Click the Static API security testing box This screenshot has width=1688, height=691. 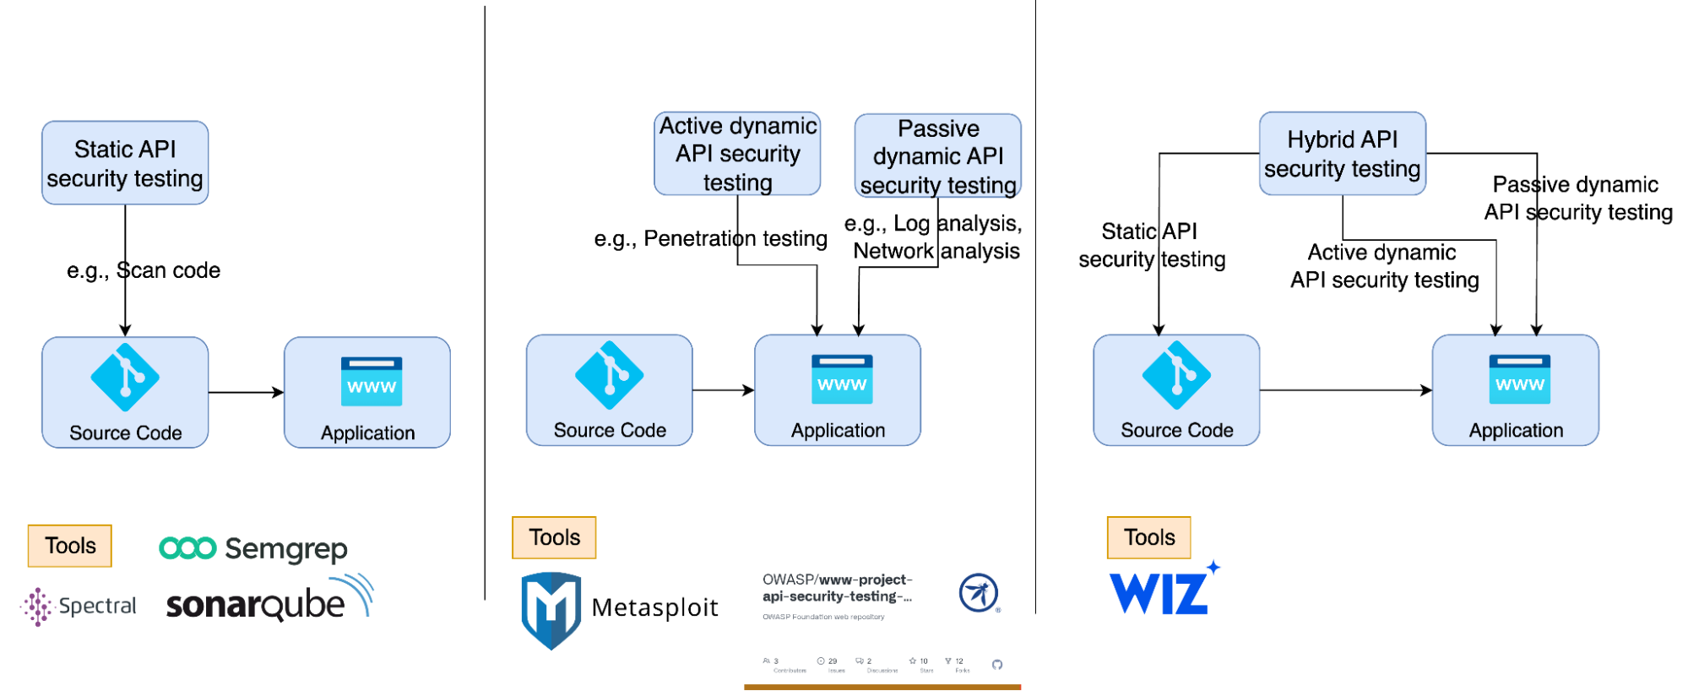pyautogui.click(x=125, y=163)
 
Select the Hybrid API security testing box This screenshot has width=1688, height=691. pyautogui.click(x=1342, y=154)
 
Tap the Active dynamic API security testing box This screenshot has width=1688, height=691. pyautogui.click(x=737, y=154)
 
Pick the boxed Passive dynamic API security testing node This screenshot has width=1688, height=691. pyautogui.click(x=937, y=156)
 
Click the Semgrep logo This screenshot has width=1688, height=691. pyautogui.click(x=253, y=548)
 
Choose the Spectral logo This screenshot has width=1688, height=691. pyautogui.click(x=79, y=606)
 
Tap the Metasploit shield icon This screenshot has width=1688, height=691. pyautogui.click(x=551, y=609)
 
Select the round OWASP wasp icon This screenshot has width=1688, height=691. pyautogui.click(x=979, y=593)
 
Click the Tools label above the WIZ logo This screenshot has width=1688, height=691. pyautogui.click(x=1148, y=537)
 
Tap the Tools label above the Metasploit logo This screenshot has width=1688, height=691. pyautogui.click(x=554, y=537)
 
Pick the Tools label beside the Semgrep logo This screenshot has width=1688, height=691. pyautogui.click(x=70, y=546)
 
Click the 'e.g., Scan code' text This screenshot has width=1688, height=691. pyautogui.click(x=144, y=270)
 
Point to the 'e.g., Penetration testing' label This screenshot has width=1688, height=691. pyautogui.click(x=710, y=238)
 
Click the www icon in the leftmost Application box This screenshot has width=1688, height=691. pyautogui.click(x=371, y=382)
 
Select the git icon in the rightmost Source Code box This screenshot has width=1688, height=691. pyautogui.click(x=1176, y=375)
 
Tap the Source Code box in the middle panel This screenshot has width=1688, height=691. pyautogui.click(x=609, y=390)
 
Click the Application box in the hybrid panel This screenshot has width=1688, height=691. pyautogui.click(x=1515, y=390)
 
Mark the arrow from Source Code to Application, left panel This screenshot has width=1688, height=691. pyautogui.click(x=246, y=392)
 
